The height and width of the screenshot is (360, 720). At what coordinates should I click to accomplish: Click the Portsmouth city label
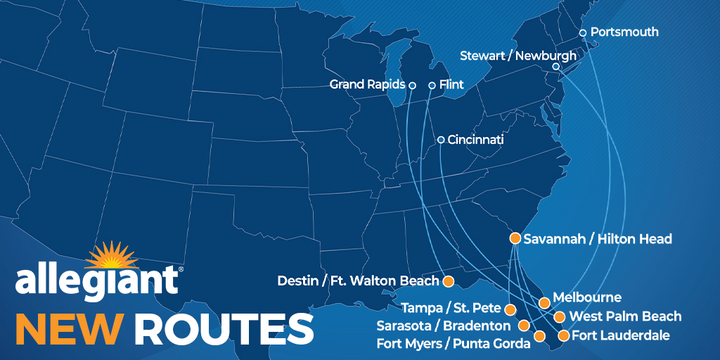click(x=624, y=32)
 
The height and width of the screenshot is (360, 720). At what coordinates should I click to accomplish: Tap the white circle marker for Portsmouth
click(x=582, y=33)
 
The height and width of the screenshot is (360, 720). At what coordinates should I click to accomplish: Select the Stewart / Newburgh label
click(x=517, y=56)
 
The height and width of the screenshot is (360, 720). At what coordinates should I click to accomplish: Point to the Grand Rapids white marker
click(x=413, y=85)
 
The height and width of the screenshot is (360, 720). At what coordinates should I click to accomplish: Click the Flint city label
click(x=451, y=85)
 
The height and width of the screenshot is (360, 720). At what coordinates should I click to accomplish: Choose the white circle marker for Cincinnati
click(x=441, y=140)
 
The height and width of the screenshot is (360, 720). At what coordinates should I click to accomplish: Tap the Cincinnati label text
click(x=475, y=140)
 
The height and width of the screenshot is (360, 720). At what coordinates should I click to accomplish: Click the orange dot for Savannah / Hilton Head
click(x=515, y=238)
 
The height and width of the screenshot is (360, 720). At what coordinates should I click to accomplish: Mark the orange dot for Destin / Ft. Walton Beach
click(x=448, y=281)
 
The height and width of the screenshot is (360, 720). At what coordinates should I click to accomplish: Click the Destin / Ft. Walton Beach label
click(x=359, y=282)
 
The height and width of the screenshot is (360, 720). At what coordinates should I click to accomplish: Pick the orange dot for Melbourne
click(x=544, y=302)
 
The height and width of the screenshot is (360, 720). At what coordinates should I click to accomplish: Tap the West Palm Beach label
click(x=625, y=316)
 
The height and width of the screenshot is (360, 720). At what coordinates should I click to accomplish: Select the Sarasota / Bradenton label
click(x=444, y=326)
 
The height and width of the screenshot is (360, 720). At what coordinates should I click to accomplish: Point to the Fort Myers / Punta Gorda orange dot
click(x=539, y=336)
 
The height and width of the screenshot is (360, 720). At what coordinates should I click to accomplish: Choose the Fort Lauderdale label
click(x=621, y=335)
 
